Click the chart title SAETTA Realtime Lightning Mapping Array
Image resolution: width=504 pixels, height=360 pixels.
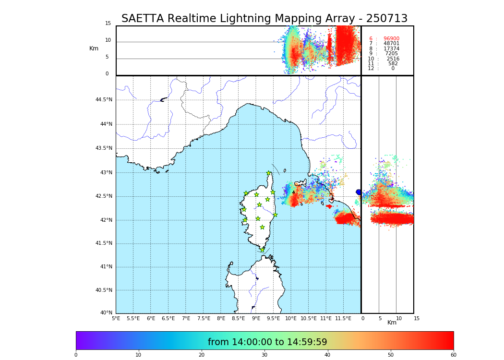(264, 19)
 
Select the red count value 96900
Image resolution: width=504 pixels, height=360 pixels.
(391, 39)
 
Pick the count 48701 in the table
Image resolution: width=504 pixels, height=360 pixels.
(391, 44)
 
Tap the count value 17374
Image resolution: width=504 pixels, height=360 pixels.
(391, 49)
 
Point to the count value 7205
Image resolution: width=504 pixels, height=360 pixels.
(391, 54)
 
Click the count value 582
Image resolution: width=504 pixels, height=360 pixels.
(393, 64)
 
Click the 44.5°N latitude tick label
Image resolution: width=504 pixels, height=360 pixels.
(104, 100)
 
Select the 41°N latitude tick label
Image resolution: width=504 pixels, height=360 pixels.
(106, 267)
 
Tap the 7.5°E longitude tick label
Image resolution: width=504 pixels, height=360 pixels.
(204, 318)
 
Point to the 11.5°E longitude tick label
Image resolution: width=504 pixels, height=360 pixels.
(343, 318)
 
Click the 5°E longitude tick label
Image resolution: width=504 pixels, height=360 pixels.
(116, 318)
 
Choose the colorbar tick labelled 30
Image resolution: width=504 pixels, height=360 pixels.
(264, 355)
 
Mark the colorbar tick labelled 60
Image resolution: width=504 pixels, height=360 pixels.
(453, 355)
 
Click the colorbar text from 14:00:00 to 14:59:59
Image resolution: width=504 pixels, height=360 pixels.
(267, 342)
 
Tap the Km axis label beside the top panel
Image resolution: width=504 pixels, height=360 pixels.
(94, 48)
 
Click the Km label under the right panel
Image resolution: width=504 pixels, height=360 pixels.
(392, 323)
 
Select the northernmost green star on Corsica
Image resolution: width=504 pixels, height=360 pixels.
(269, 173)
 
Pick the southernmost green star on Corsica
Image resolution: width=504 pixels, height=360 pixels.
(262, 250)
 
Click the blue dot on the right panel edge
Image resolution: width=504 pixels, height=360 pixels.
(359, 192)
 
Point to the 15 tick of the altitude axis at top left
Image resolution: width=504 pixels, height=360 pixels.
(108, 24)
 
